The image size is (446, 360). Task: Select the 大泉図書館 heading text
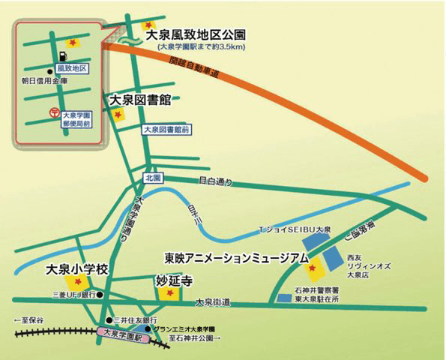pos(141,99)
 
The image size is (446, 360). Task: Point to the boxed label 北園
pos(154,178)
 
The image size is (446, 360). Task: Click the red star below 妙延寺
pos(169,293)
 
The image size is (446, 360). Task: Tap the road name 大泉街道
pos(212,302)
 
